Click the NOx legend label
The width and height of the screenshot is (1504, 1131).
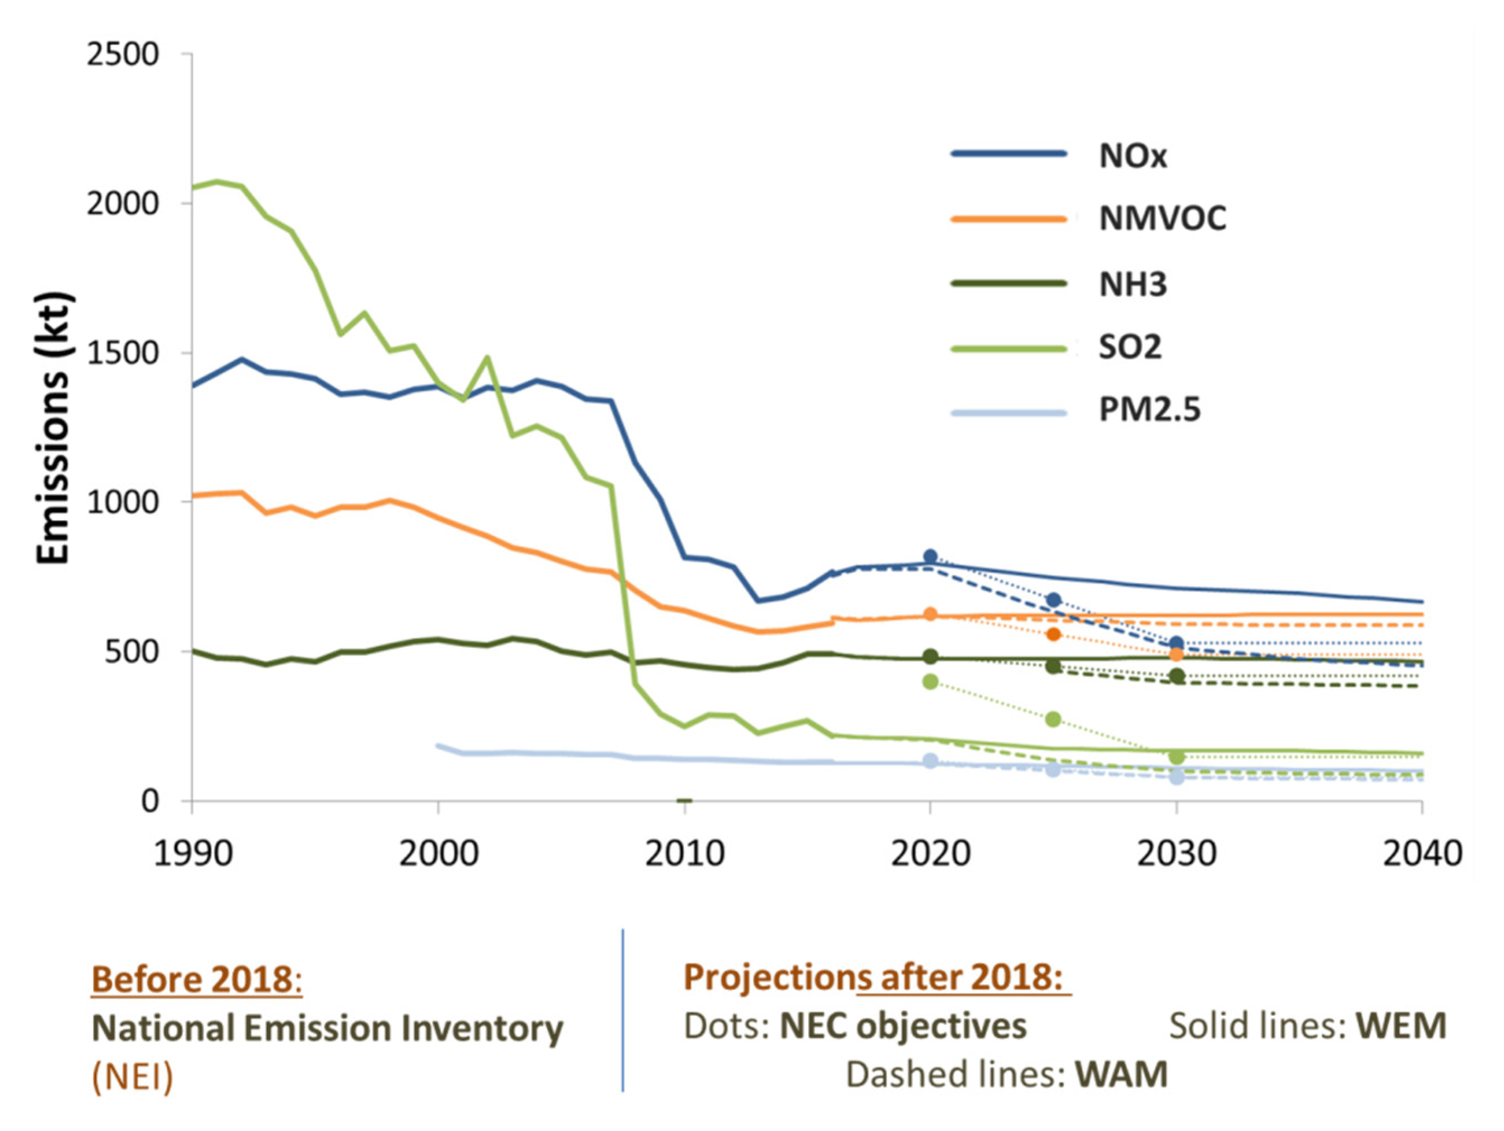pos(1132,156)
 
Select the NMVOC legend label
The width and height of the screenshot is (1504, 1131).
pos(1163,219)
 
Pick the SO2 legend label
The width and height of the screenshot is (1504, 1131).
pos(1130,347)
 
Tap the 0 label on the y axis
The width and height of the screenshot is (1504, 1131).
pos(150,800)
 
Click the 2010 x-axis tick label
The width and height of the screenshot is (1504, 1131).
pos(685,854)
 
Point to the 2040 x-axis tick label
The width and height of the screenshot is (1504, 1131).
pos(1422,854)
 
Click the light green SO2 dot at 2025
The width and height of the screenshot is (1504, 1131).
pos(1053,719)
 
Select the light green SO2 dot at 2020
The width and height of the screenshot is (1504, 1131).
pos(930,682)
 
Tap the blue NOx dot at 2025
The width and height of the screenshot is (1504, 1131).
pos(1053,600)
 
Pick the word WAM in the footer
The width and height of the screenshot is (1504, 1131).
pos(1121,1074)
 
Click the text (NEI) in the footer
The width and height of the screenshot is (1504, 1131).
pos(133,1077)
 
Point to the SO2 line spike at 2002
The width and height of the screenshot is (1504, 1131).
pos(488,357)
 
